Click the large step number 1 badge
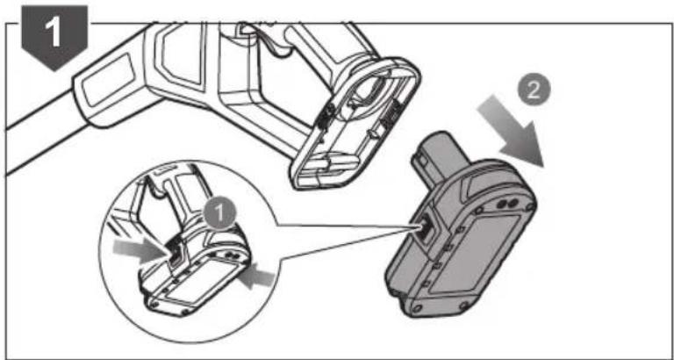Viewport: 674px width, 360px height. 55,36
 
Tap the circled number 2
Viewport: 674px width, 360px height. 533,91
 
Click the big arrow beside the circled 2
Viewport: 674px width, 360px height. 511,131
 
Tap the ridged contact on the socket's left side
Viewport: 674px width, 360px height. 328,115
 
